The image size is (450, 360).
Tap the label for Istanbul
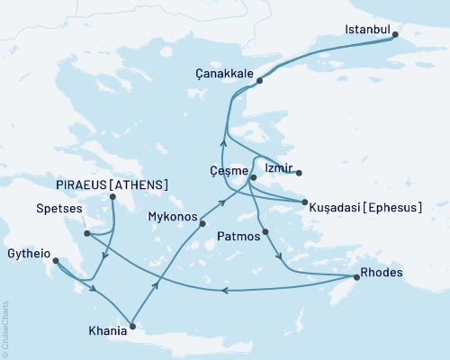tap(367, 30)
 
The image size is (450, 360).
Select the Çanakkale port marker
tap(259, 81)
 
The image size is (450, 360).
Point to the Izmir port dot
tap(298, 173)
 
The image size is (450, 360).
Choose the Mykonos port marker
tap(203, 223)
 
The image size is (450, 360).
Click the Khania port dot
tap(132, 326)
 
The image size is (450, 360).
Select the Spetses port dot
tap(86, 234)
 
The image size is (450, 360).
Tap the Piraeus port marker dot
tap(112, 197)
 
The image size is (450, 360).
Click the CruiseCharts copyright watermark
tap(5, 328)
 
